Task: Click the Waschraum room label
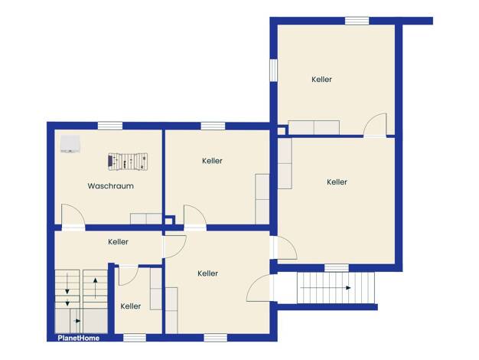click(x=111, y=186)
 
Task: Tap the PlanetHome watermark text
click(x=79, y=338)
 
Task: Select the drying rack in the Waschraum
click(x=128, y=162)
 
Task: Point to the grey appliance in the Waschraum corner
click(x=70, y=144)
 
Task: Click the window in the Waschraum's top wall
click(x=110, y=126)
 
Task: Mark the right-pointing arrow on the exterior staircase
click(x=326, y=288)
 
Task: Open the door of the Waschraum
click(x=73, y=216)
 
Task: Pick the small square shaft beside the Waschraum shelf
click(x=168, y=221)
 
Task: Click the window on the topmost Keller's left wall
click(x=273, y=70)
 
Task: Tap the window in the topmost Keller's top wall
click(x=357, y=21)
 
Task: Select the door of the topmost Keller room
click(x=375, y=125)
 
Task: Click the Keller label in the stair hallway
click(x=119, y=242)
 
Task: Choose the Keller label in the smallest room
click(x=130, y=306)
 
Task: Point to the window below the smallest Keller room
click(x=135, y=338)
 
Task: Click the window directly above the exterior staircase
click(x=337, y=268)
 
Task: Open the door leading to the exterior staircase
click(x=258, y=288)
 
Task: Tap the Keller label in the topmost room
click(x=321, y=80)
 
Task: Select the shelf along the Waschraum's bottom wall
click(x=146, y=219)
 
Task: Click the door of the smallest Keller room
click(x=129, y=275)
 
